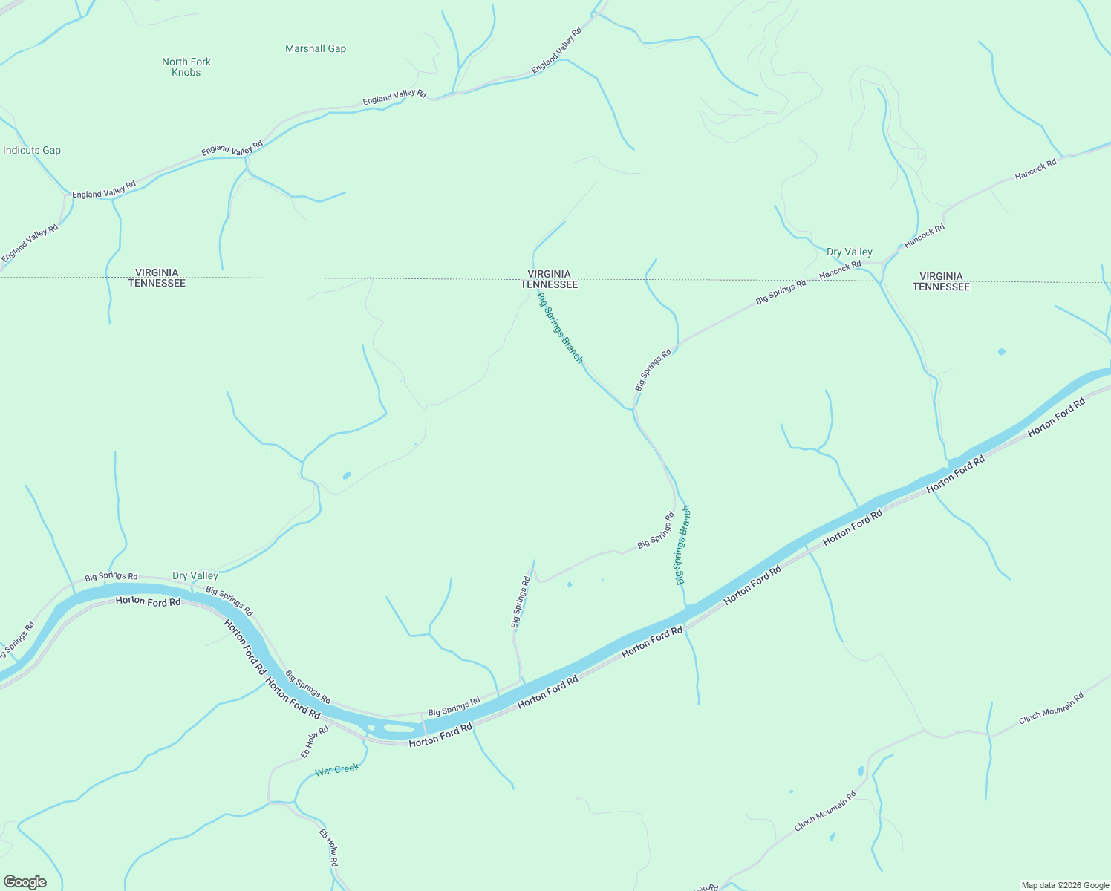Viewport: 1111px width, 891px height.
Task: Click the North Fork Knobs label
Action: click(186, 67)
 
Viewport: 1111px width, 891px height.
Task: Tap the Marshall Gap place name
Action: click(316, 49)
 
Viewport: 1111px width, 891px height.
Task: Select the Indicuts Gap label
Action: click(32, 151)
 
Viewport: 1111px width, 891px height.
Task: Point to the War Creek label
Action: click(337, 770)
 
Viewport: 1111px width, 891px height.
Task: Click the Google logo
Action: click(25, 882)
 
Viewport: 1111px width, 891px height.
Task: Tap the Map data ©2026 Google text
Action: click(1065, 885)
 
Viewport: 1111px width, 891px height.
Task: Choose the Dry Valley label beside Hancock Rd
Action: click(850, 252)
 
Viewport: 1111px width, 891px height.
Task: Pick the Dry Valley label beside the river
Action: click(195, 576)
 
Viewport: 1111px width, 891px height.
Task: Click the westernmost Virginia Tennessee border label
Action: click(157, 278)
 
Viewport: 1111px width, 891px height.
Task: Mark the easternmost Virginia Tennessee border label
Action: click(941, 281)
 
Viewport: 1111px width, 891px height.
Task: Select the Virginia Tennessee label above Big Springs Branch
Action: click(549, 279)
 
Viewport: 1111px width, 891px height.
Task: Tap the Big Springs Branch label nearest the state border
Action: click(560, 327)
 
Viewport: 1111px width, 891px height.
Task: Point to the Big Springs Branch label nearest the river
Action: click(683, 545)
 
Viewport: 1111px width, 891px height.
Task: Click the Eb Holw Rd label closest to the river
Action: click(314, 742)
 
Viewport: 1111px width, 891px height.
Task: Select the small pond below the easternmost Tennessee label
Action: click(1001, 351)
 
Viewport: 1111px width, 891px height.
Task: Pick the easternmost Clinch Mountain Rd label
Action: click(1051, 708)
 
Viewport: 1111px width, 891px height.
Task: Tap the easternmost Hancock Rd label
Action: click(1035, 169)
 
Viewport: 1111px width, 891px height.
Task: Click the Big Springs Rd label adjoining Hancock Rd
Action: click(781, 292)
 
